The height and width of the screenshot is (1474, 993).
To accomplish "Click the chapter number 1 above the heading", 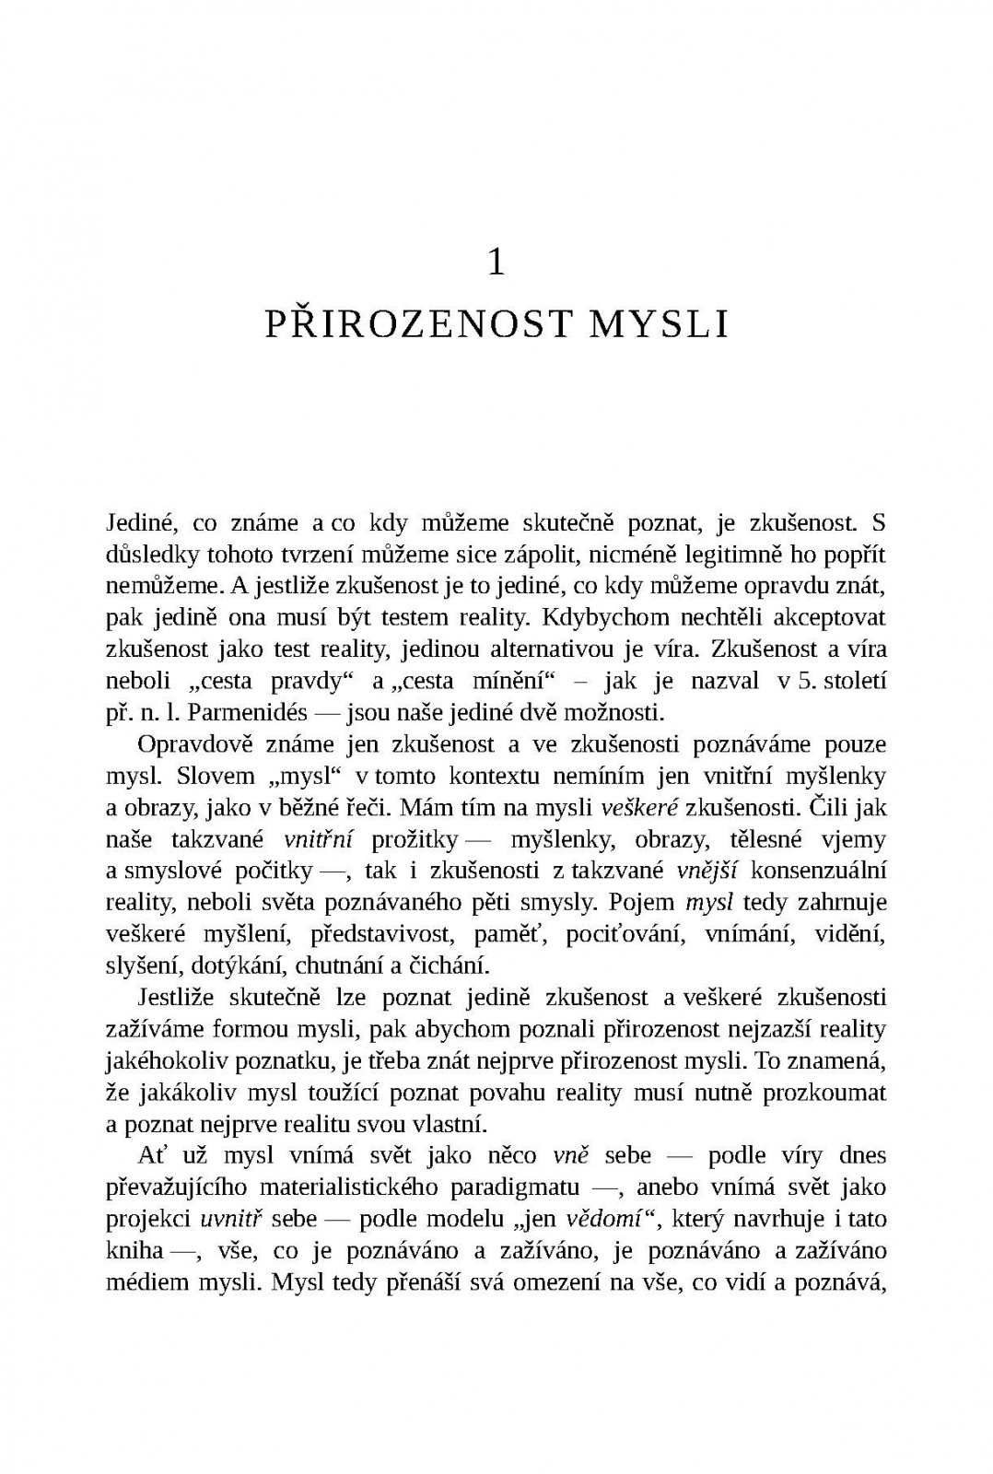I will (496, 263).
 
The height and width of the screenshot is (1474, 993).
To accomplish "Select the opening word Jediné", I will (138, 523).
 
